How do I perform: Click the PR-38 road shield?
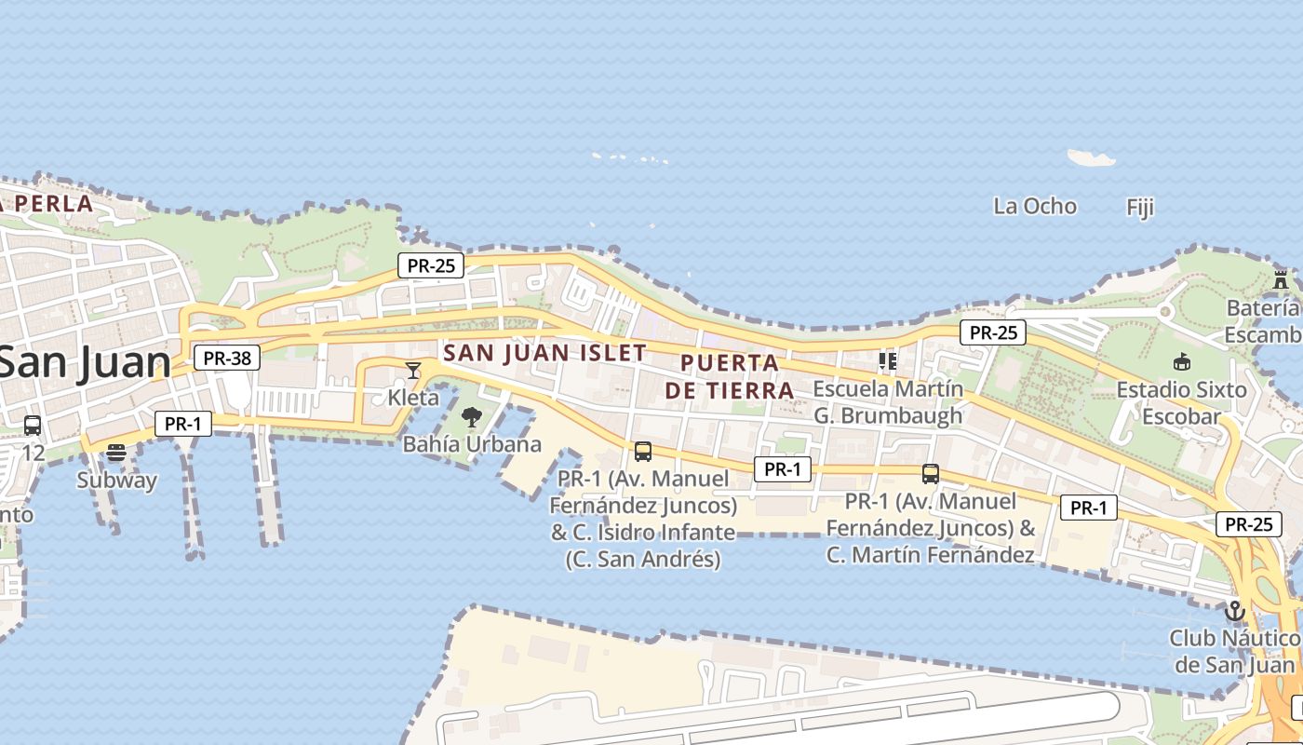(227, 358)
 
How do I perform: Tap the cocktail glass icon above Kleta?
(413, 371)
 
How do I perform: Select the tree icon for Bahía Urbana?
(472, 416)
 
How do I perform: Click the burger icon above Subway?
(116, 453)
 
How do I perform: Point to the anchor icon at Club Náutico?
(1235, 611)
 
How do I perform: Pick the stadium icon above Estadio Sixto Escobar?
(1182, 361)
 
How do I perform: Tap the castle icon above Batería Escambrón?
(1282, 278)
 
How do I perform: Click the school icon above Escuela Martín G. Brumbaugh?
(888, 359)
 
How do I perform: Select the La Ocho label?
(1035, 206)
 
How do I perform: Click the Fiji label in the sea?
(1140, 207)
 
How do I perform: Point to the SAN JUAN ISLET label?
(545, 353)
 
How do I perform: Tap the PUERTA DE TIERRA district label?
(730, 376)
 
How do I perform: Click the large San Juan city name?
(84, 362)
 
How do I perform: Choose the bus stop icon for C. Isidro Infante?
(642, 452)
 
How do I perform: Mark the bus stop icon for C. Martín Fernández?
(930, 473)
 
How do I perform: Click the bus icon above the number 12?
(33, 426)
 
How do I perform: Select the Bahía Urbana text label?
(472, 444)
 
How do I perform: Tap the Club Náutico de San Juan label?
(1234, 651)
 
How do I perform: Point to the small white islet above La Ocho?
(1091, 157)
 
